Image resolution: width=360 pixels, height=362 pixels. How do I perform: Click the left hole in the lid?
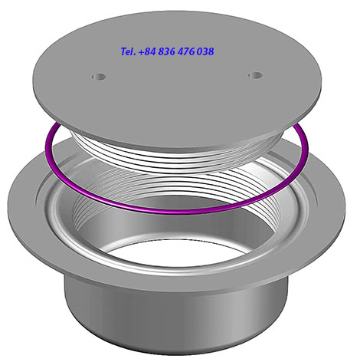click(x=99, y=77)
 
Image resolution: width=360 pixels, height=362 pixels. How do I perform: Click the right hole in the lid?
click(x=256, y=75)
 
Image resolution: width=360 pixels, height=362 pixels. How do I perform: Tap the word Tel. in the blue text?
click(x=128, y=51)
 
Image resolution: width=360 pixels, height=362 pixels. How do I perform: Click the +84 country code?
click(x=147, y=51)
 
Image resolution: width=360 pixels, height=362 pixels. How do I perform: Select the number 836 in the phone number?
click(x=166, y=51)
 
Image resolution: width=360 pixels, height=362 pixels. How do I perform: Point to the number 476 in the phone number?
click(x=186, y=51)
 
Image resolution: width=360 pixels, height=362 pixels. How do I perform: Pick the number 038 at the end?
click(x=205, y=51)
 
